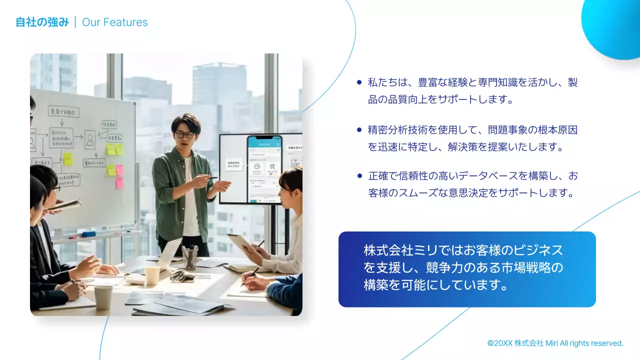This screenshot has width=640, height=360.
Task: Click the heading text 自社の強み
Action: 42,22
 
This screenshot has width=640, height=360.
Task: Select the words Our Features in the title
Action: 115,22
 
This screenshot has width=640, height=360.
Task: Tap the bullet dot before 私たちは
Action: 359,82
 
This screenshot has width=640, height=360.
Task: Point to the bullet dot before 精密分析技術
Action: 359,130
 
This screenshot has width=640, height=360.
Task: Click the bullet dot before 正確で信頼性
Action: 359,176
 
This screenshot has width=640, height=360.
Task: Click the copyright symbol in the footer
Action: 490,343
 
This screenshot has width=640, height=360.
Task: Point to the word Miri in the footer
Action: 551,343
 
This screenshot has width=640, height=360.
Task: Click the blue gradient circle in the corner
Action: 612,27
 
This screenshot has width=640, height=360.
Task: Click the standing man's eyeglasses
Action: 185,134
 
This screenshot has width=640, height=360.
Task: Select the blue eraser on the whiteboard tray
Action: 88,234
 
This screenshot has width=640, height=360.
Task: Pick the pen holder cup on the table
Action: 190,258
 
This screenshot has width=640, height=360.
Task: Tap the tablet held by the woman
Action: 239,244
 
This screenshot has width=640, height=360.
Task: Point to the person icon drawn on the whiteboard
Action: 90,139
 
